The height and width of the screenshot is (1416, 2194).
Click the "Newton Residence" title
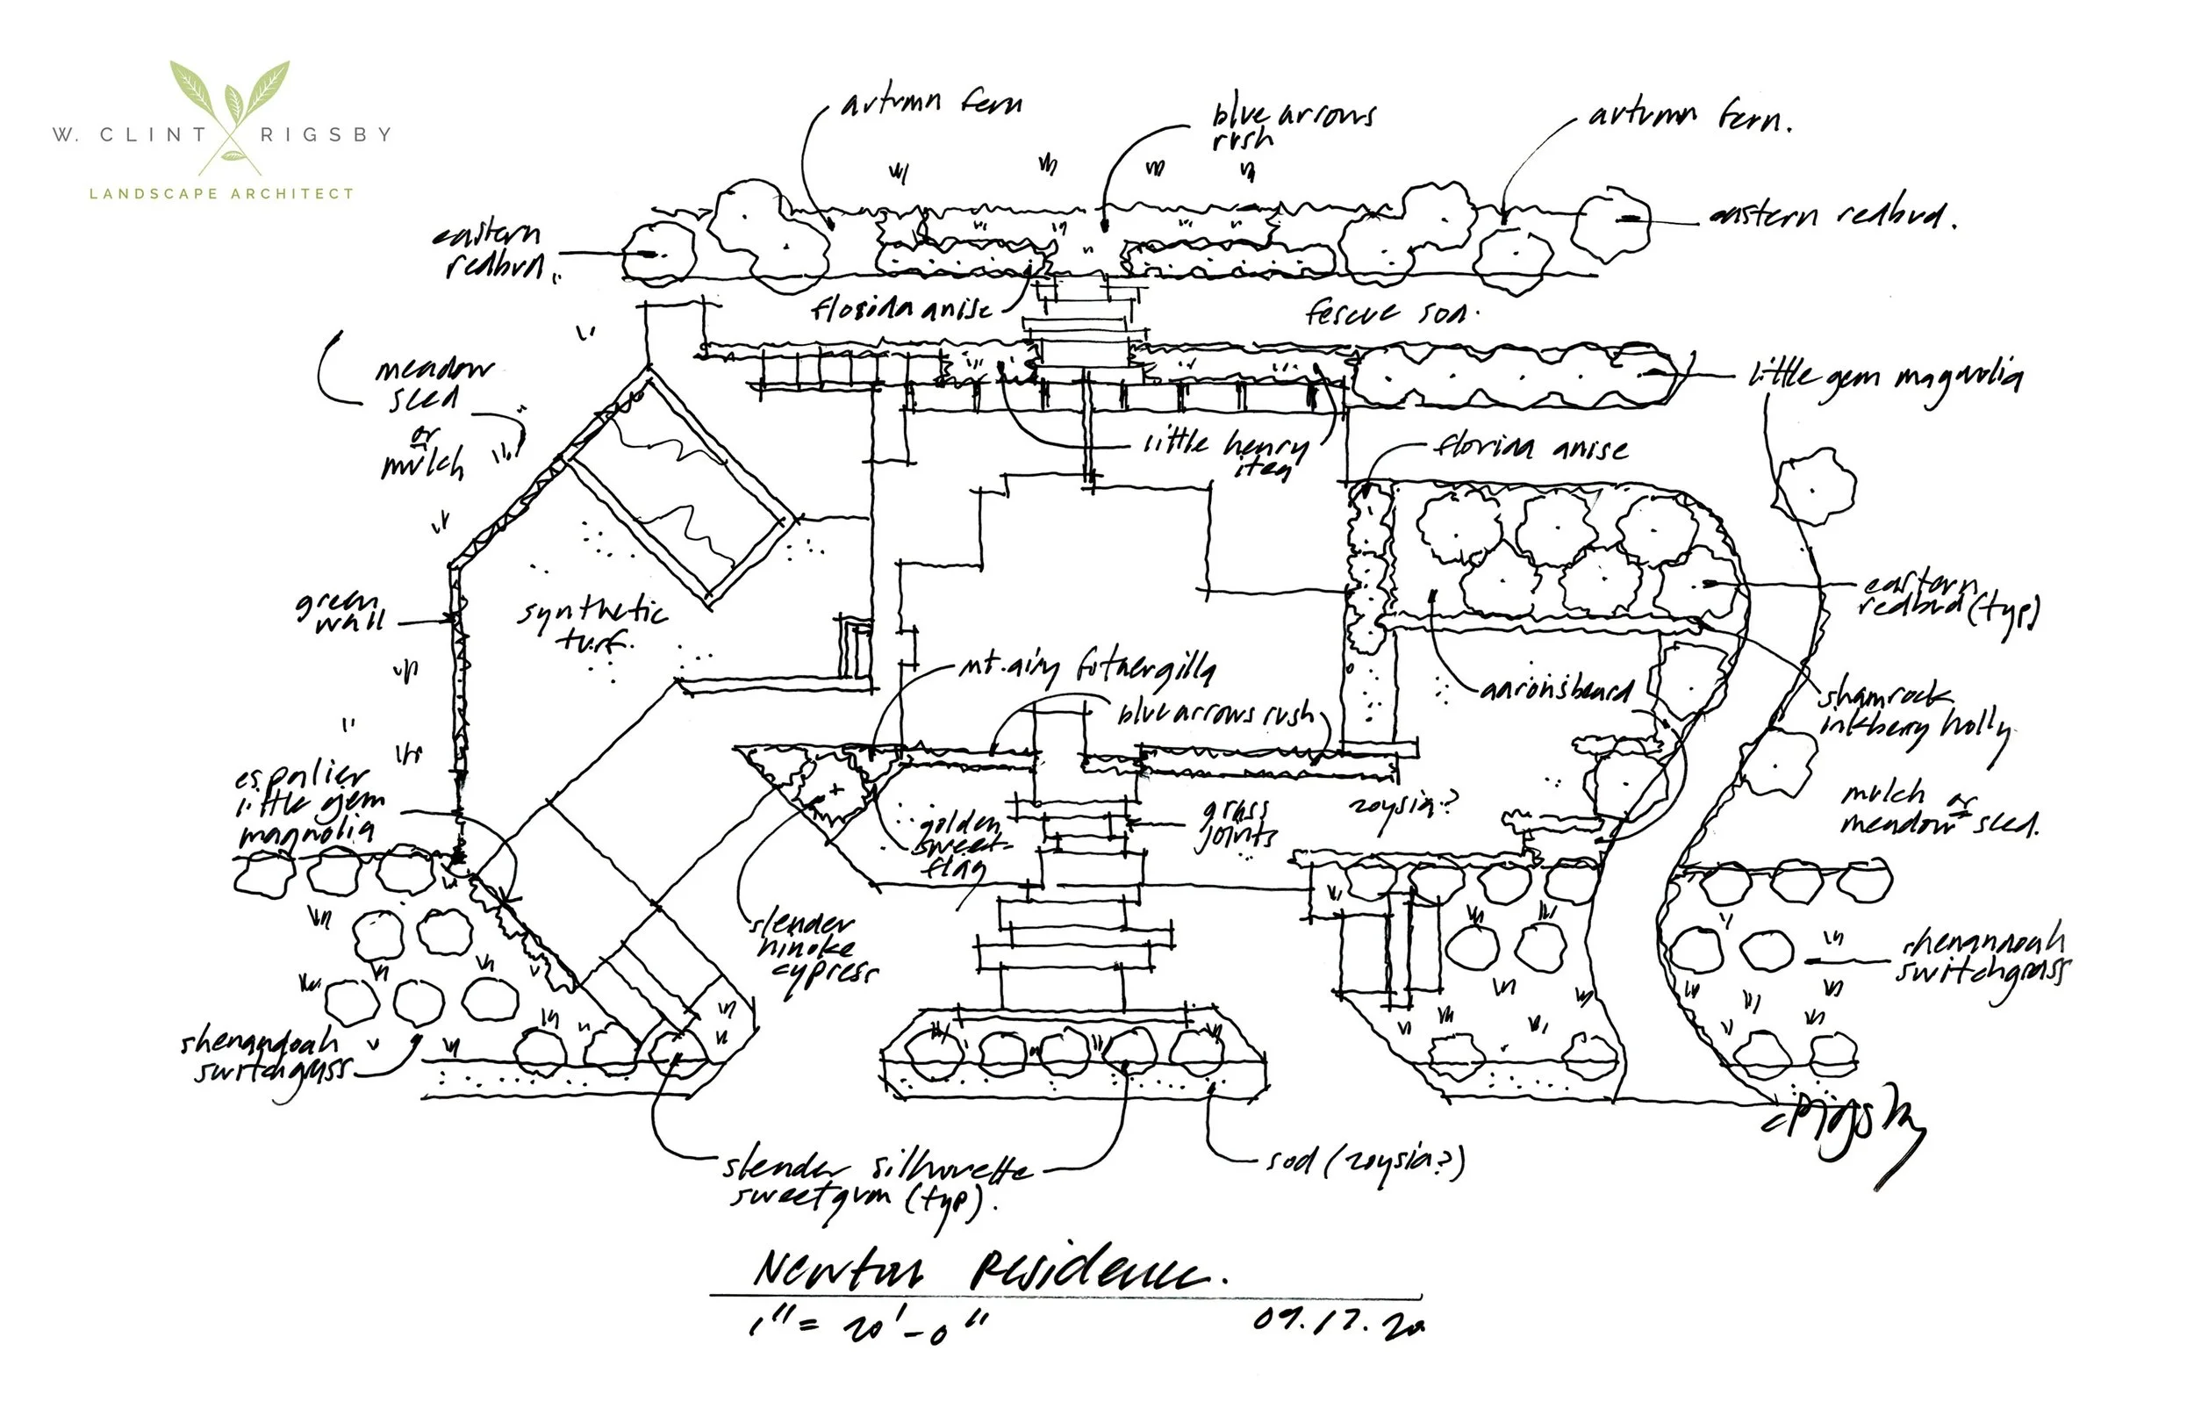point(988,1271)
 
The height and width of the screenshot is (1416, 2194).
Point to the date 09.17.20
point(1337,1321)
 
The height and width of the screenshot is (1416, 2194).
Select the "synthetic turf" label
point(593,625)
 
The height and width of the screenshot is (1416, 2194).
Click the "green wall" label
point(341,612)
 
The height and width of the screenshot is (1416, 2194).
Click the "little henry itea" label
point(1227,453)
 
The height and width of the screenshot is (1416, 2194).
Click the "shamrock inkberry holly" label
point(1911,713)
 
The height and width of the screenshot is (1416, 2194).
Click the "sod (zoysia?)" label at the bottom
point(1365,1163)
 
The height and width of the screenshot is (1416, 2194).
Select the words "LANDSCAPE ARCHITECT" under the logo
point(221,194)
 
